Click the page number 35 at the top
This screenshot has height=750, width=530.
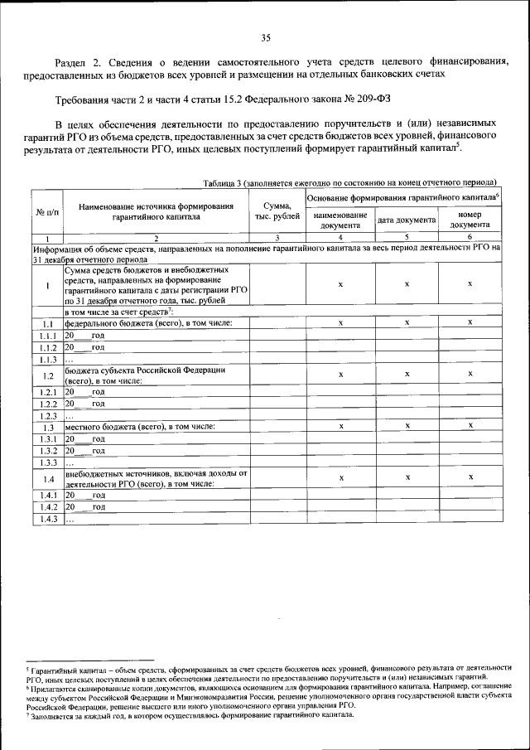pyautogui.click(x=266, y=37)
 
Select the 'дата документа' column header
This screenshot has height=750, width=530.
pyautogui.click(x=407, y=220)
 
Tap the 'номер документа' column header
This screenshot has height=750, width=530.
pyautogui.click(x=470, y=220)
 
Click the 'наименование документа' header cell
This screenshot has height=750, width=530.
pyautogui.click(x=340, y=220)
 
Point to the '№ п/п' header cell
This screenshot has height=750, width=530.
pyautogui.click(x=47, y=213)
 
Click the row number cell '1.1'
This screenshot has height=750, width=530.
pyautogui.click(x=47, y=323)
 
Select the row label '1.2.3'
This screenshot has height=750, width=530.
pyautogui.click(x=47, y=415)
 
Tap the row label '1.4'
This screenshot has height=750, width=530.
pyautogui.click(x=47, y=479)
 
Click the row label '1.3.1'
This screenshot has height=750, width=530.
pyautogui.click(x=47, y=438)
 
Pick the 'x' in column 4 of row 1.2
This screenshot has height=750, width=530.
pyautogui.click(x=340, y=375)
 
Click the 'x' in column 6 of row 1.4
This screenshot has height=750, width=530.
pyautogui.click(x=470, y=478)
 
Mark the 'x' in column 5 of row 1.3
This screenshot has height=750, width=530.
pyautogui.click(x=407, y=426)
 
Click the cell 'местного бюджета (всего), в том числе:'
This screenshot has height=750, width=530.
pyautogui.click(x=140, y=426)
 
